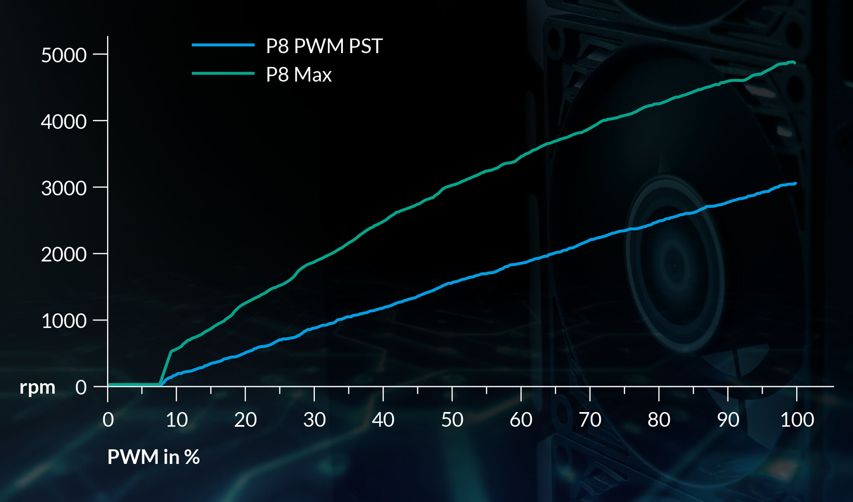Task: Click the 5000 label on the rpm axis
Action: point(64,55)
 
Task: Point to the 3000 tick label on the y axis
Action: point(64,188)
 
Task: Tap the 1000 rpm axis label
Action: point(64,321)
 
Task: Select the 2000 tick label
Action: point(64,254)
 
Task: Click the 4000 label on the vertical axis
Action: point(64,122)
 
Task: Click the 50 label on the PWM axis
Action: point(452,420)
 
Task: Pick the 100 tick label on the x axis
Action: point(797,420)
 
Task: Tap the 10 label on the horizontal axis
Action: point(176,420)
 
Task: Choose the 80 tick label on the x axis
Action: point(659,420)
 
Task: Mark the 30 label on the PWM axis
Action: point(314,420)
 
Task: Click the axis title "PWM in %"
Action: point(153,457)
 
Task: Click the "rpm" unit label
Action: point(37,387)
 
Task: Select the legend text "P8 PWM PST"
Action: point(324,46)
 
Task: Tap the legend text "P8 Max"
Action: point(299,75)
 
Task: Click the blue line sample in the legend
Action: point(223,45)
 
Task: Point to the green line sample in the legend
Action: point(223,73)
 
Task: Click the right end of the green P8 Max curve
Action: point(794,62)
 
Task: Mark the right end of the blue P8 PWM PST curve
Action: point(795,183)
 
